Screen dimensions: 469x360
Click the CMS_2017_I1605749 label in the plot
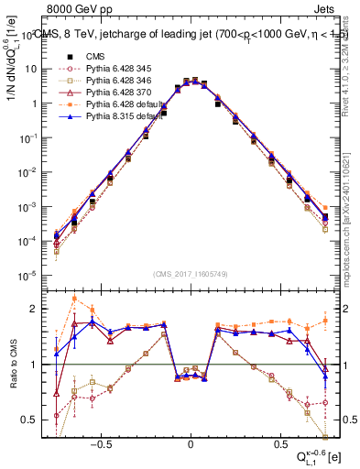(190, 274)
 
